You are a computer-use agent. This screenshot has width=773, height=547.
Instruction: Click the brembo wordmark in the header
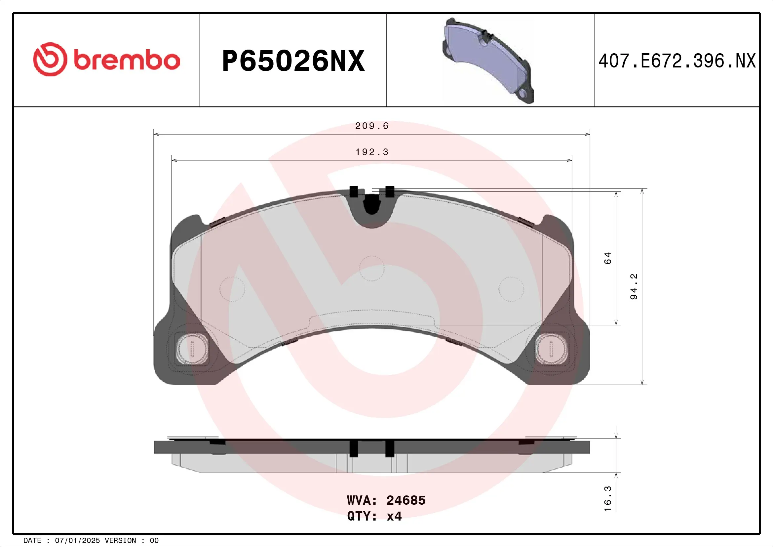click(x=127, y=60)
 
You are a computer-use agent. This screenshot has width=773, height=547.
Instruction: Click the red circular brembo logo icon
click(x=50, y=59)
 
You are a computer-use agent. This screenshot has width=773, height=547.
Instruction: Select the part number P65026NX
click(x=293, y=61)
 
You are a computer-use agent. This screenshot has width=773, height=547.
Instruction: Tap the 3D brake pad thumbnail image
click(x=488, y=61)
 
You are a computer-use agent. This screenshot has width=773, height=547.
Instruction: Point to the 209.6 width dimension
click(x=372, y=126)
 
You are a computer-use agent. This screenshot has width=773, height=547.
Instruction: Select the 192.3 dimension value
click(x=372, y=152)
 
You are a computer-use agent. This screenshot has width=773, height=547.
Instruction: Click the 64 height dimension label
click(x=607, y=258)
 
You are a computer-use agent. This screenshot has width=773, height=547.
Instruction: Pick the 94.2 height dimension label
click(x=634, y=287)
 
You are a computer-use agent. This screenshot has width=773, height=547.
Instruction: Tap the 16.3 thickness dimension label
click(x=607, y=498)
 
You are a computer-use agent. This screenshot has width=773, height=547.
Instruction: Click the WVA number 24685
click(x=406, y=500)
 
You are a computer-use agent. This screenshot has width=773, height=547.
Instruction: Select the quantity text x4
click(x=394, y=516)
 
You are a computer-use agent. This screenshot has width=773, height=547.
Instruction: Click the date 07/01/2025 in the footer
click(x=77, y=541)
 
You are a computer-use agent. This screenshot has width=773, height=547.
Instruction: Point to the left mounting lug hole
click(x=192, y=349)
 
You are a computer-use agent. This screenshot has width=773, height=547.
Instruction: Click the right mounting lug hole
click(x=551, y=349)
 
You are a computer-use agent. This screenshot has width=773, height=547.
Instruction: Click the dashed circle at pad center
click(x=372, y=269)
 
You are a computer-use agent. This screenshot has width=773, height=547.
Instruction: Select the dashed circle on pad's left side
click(x=232, y=289)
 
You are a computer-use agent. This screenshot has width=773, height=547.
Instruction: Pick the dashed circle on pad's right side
click(x=511, y=289)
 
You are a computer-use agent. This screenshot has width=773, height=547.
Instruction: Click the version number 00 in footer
click(x=154, y=541)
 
